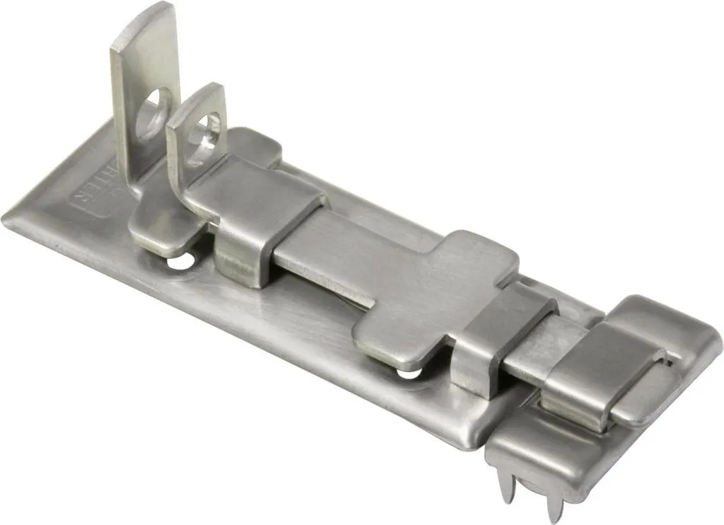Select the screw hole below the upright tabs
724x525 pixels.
[x=179, y=262]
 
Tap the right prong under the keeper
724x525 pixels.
[x=556, y=500]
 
